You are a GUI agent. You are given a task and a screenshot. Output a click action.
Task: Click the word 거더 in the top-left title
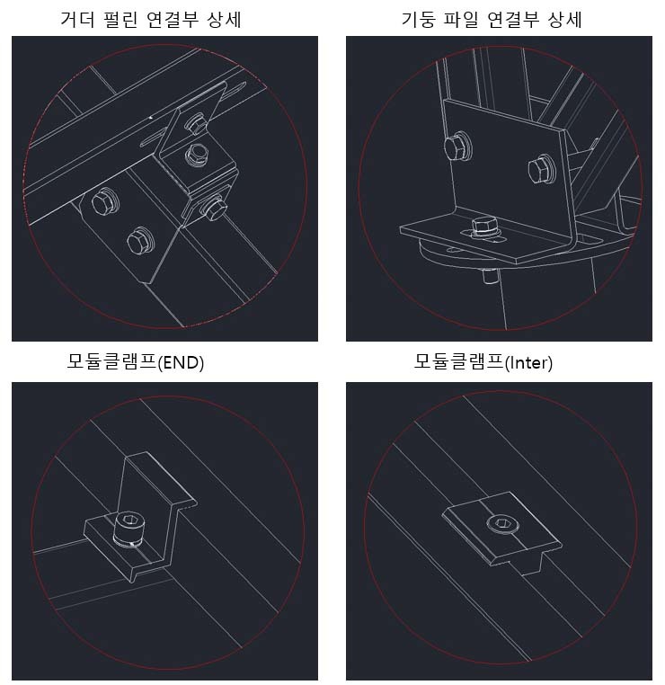click(77, 20)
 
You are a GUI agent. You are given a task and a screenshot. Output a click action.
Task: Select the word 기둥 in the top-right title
click(418, 20)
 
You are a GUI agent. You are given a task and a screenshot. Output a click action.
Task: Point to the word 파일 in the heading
click(462, 20)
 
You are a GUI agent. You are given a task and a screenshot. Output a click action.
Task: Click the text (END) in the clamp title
click(181, 363)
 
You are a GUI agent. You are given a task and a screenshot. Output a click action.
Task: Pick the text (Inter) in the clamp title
click(528, 363)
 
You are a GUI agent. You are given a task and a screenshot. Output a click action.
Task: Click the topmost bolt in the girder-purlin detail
click(196, 124)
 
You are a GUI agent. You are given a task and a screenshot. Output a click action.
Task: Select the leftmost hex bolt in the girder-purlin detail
click(105, 202)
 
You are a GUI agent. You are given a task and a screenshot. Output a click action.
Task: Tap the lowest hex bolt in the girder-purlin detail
click(140, 241)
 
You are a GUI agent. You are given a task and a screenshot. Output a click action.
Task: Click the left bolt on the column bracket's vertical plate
click(457, 146)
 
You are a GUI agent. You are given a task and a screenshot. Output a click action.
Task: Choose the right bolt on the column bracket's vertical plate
click(541, 169)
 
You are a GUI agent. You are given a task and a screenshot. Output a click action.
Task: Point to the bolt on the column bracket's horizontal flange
click(483, 227)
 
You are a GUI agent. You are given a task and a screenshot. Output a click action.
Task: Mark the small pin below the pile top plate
click(491, 277)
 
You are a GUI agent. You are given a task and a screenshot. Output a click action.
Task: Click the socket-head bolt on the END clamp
click(128, 528)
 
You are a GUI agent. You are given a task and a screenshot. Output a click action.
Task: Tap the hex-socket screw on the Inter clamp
click(502, 523)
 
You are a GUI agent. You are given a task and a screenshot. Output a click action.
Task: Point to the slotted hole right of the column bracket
click(588, 239)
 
